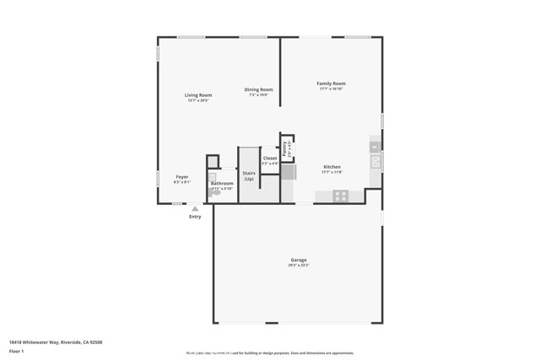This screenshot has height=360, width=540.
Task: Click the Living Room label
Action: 198,95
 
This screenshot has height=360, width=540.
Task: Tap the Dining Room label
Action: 258,89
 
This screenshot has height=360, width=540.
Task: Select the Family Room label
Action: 331,83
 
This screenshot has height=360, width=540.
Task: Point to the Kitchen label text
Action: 332,167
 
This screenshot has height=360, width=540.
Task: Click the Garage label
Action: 299,260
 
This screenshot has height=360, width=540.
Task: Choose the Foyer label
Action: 182,177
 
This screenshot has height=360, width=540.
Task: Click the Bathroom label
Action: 222,183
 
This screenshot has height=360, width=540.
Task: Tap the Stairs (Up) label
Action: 249,176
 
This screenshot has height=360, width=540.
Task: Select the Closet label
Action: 270,159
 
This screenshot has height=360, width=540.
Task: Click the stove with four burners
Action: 340,196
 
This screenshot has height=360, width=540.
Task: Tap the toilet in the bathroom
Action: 216,192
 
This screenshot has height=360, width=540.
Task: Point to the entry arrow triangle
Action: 195,208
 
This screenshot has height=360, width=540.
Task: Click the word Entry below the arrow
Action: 195,217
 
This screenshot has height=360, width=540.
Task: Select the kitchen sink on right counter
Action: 375,160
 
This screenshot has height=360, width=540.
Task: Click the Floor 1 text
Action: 17,350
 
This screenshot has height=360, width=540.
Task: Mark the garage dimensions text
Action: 299,266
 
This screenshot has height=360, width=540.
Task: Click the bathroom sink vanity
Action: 212,178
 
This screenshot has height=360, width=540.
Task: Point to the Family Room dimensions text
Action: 331,89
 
